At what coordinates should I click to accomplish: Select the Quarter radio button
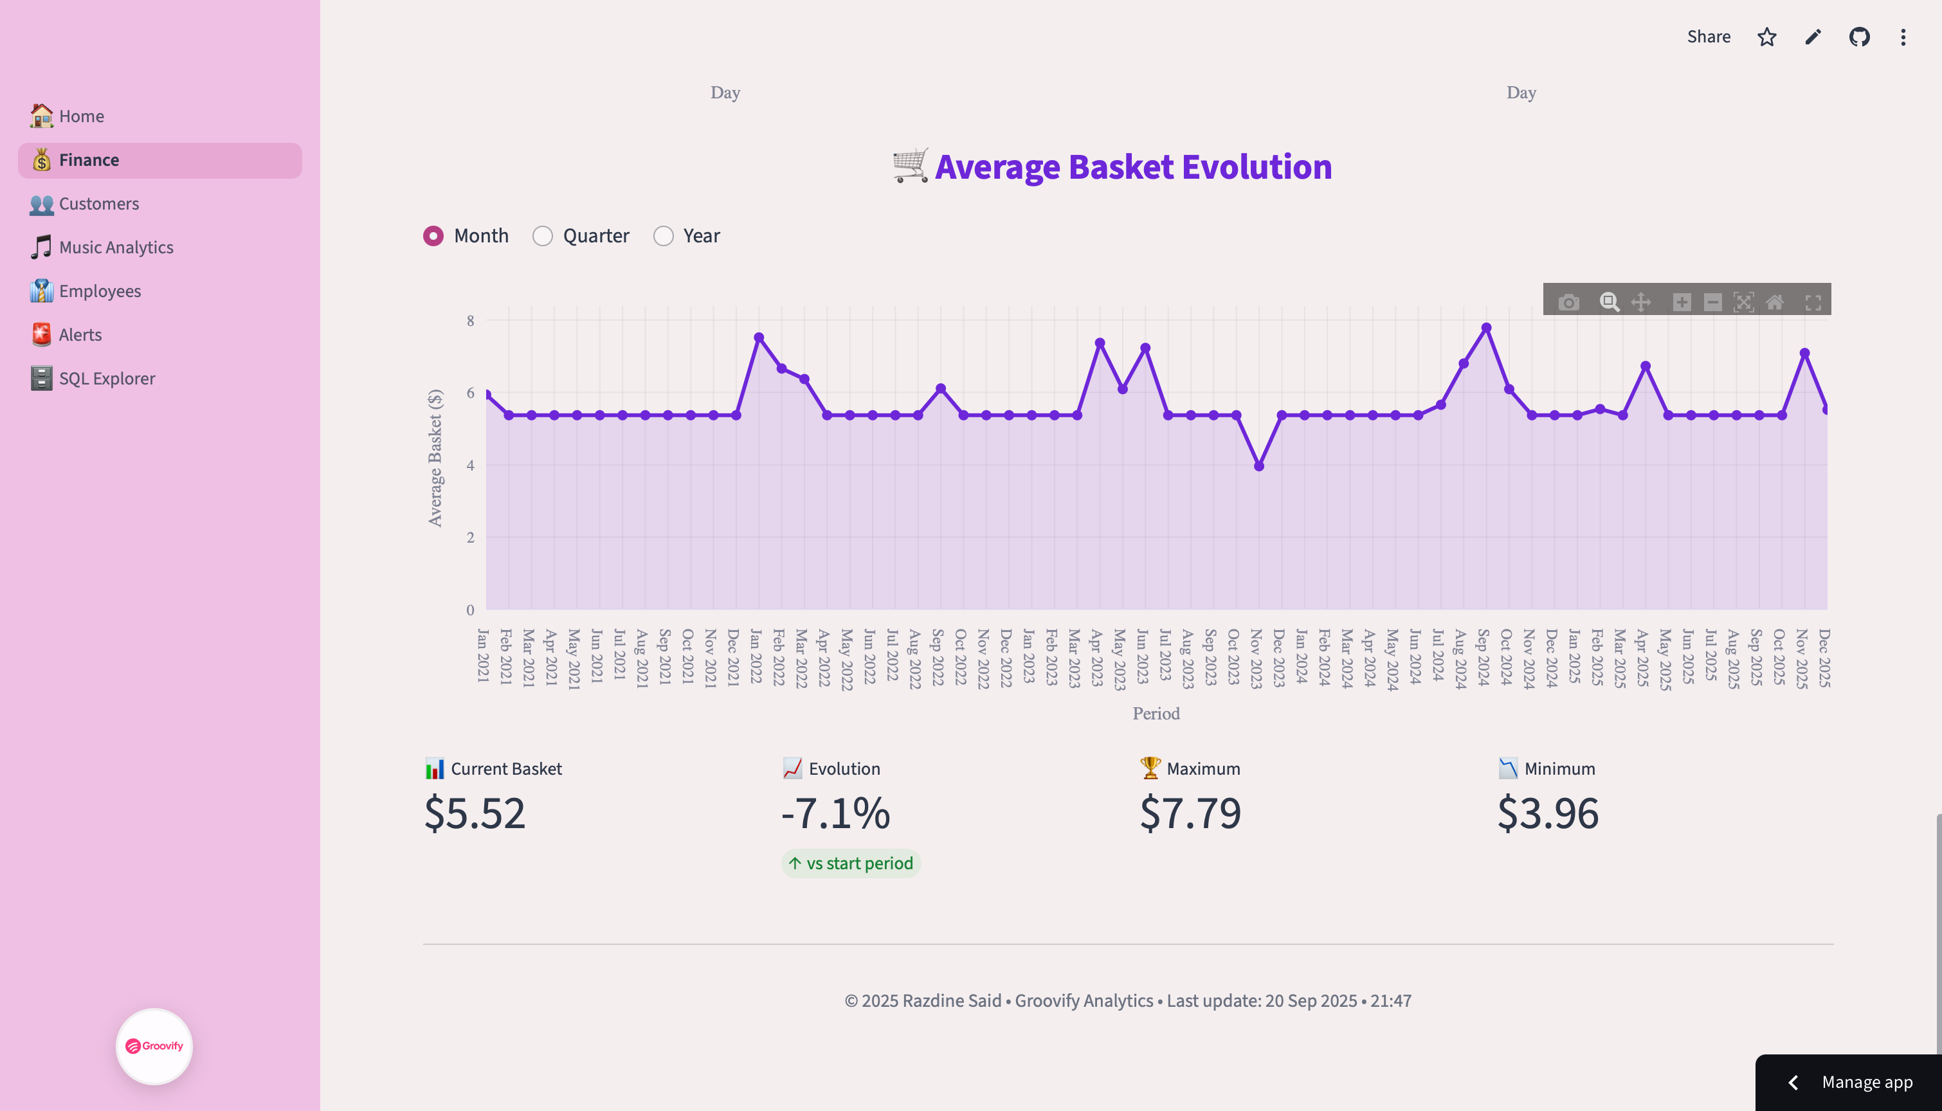pos(543,237)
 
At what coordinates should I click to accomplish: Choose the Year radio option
pos(664,237)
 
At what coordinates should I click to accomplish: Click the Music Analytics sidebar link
pos(116,248)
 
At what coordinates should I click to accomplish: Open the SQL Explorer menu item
pos(107,379)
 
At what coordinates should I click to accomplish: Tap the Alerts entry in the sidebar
pos(80,335)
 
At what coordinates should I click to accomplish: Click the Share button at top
pos(1709,37)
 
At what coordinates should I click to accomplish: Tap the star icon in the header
pos(1767,37)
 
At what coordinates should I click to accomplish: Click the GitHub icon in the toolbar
pos(1860,37)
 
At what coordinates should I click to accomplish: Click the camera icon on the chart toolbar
pos(1569,302)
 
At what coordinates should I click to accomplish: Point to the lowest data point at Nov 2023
pos(1259,466)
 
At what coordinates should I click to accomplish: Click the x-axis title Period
pos(1156,714)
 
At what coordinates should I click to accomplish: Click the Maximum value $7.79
pos(1190,813)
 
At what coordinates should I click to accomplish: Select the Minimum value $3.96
pos(1548,813)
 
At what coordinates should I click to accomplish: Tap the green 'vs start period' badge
pos(851,863)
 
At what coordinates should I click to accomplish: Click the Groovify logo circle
pos(154,1046)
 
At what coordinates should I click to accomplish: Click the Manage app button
pos(1867,1082)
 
